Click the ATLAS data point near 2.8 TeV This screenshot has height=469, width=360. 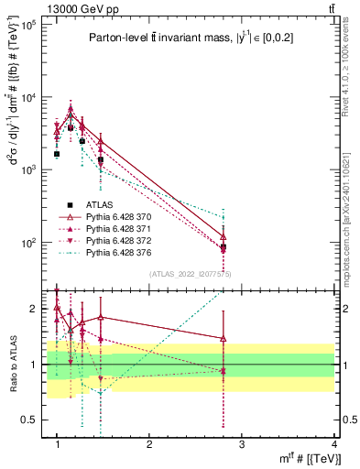click(x=224, y=246)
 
